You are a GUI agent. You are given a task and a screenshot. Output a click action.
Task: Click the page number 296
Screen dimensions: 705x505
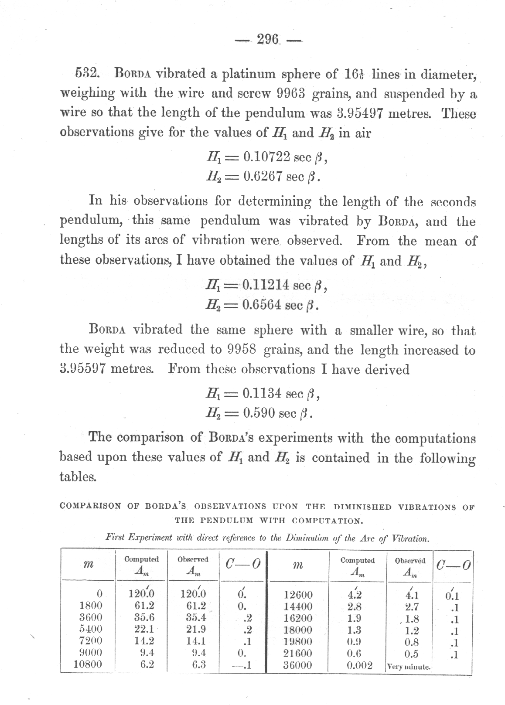(268, 40)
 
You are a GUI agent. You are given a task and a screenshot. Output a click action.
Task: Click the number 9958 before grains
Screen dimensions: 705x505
(241, 350)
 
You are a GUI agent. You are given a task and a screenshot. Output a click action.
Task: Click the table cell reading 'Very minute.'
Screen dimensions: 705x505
(409, 667)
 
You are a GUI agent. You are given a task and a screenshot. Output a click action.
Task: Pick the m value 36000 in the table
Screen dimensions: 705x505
(298, 665)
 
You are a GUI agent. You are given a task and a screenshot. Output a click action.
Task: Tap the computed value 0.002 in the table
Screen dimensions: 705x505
(360, 665)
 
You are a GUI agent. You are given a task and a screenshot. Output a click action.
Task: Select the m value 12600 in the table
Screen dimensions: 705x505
(298, 595)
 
